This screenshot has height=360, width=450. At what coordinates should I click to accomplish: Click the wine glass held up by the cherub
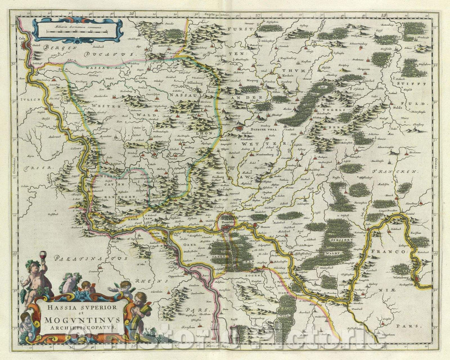coord(42,255)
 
